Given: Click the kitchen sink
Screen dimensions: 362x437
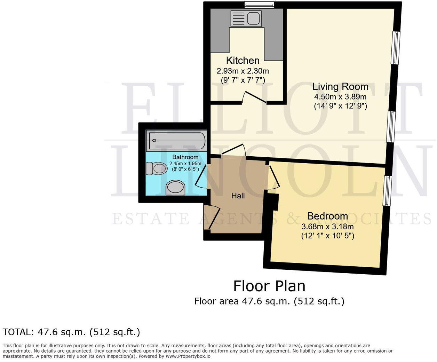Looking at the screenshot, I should [x=246, y=18].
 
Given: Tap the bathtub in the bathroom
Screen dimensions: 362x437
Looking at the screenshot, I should [x=176, y=141].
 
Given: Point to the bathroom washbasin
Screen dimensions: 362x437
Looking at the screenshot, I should [x=175, y=188].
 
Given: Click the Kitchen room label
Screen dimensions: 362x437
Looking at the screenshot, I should [x=243, y=60].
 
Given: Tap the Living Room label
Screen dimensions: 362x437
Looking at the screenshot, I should [x=340, y=86].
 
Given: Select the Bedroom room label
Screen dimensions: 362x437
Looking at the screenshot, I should [x=327, y=216].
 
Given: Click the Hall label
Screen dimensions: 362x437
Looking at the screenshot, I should [x=238, y=196].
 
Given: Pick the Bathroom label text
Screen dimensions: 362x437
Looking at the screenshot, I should [x=185, y=157].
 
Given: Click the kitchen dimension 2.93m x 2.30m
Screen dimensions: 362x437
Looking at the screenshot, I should [x=243, y=71].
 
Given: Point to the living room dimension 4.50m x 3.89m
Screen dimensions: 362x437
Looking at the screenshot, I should [x=340, y=96].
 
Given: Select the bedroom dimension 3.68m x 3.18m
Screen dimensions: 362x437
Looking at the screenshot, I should [x=327, y=227].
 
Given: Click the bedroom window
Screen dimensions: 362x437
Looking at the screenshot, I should [x=387, y=191].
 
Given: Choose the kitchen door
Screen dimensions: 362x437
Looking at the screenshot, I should [x=254, y=97].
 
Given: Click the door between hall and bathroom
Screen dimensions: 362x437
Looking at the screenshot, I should [x=201, y=176].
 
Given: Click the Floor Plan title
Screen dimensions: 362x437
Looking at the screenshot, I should [x=269, y=286].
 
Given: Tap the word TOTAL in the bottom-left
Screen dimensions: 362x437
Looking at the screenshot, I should [x=17, y=332].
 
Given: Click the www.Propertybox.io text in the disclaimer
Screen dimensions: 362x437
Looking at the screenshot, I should [x=188, y=356].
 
